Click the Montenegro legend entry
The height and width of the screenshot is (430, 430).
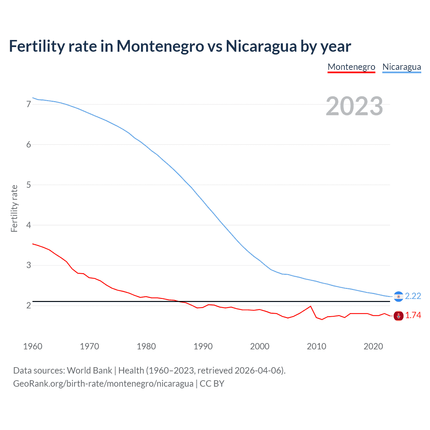pyautogui.click(x=351, y=67)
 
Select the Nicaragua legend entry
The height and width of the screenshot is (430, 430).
pyautogui.click(x=401, y=67)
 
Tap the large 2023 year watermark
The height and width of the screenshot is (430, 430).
pyautogui.click(x=354, y=106)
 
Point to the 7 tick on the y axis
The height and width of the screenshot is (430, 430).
pyautogui.click(x=29, y=104)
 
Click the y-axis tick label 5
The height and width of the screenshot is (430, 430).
pyautogui.click(x=29, y=185)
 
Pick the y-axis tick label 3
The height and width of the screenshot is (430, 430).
pyautogui.click(x=29, y=265)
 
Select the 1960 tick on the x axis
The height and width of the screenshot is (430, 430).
pyautogui.click(x=33, y=346)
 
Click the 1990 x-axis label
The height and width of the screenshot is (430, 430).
pyautogui.click(x=203, y=346)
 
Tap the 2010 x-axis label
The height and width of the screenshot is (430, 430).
pyautogui.click(x=316, y=346)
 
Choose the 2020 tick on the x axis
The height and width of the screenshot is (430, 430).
pyautogui.click(x=373, y=346)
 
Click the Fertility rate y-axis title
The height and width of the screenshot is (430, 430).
pyautogui.click(x=14, y=208)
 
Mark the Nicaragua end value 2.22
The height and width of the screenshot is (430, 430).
pyautogui.click(x=413, y=296)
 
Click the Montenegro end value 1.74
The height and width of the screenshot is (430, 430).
pyautogui.click(x=413, y=315)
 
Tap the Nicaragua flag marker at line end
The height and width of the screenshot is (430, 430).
pyautogui.click(x=398, y=296)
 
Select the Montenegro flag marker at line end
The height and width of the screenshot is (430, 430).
pyautogui.click(x=398, y=316)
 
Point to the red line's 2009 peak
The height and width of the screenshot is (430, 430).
pyautogui.click(x=311, y=306)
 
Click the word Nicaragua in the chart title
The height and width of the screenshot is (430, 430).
pyautogui.click(x=261, y=46)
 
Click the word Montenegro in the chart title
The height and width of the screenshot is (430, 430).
pyautogui.click(x=160, y=46)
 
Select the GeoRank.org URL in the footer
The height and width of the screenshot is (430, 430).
pyautogui.click(x=103, y=384)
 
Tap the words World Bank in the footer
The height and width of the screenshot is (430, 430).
pyautogui.click(x=89, y=371)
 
